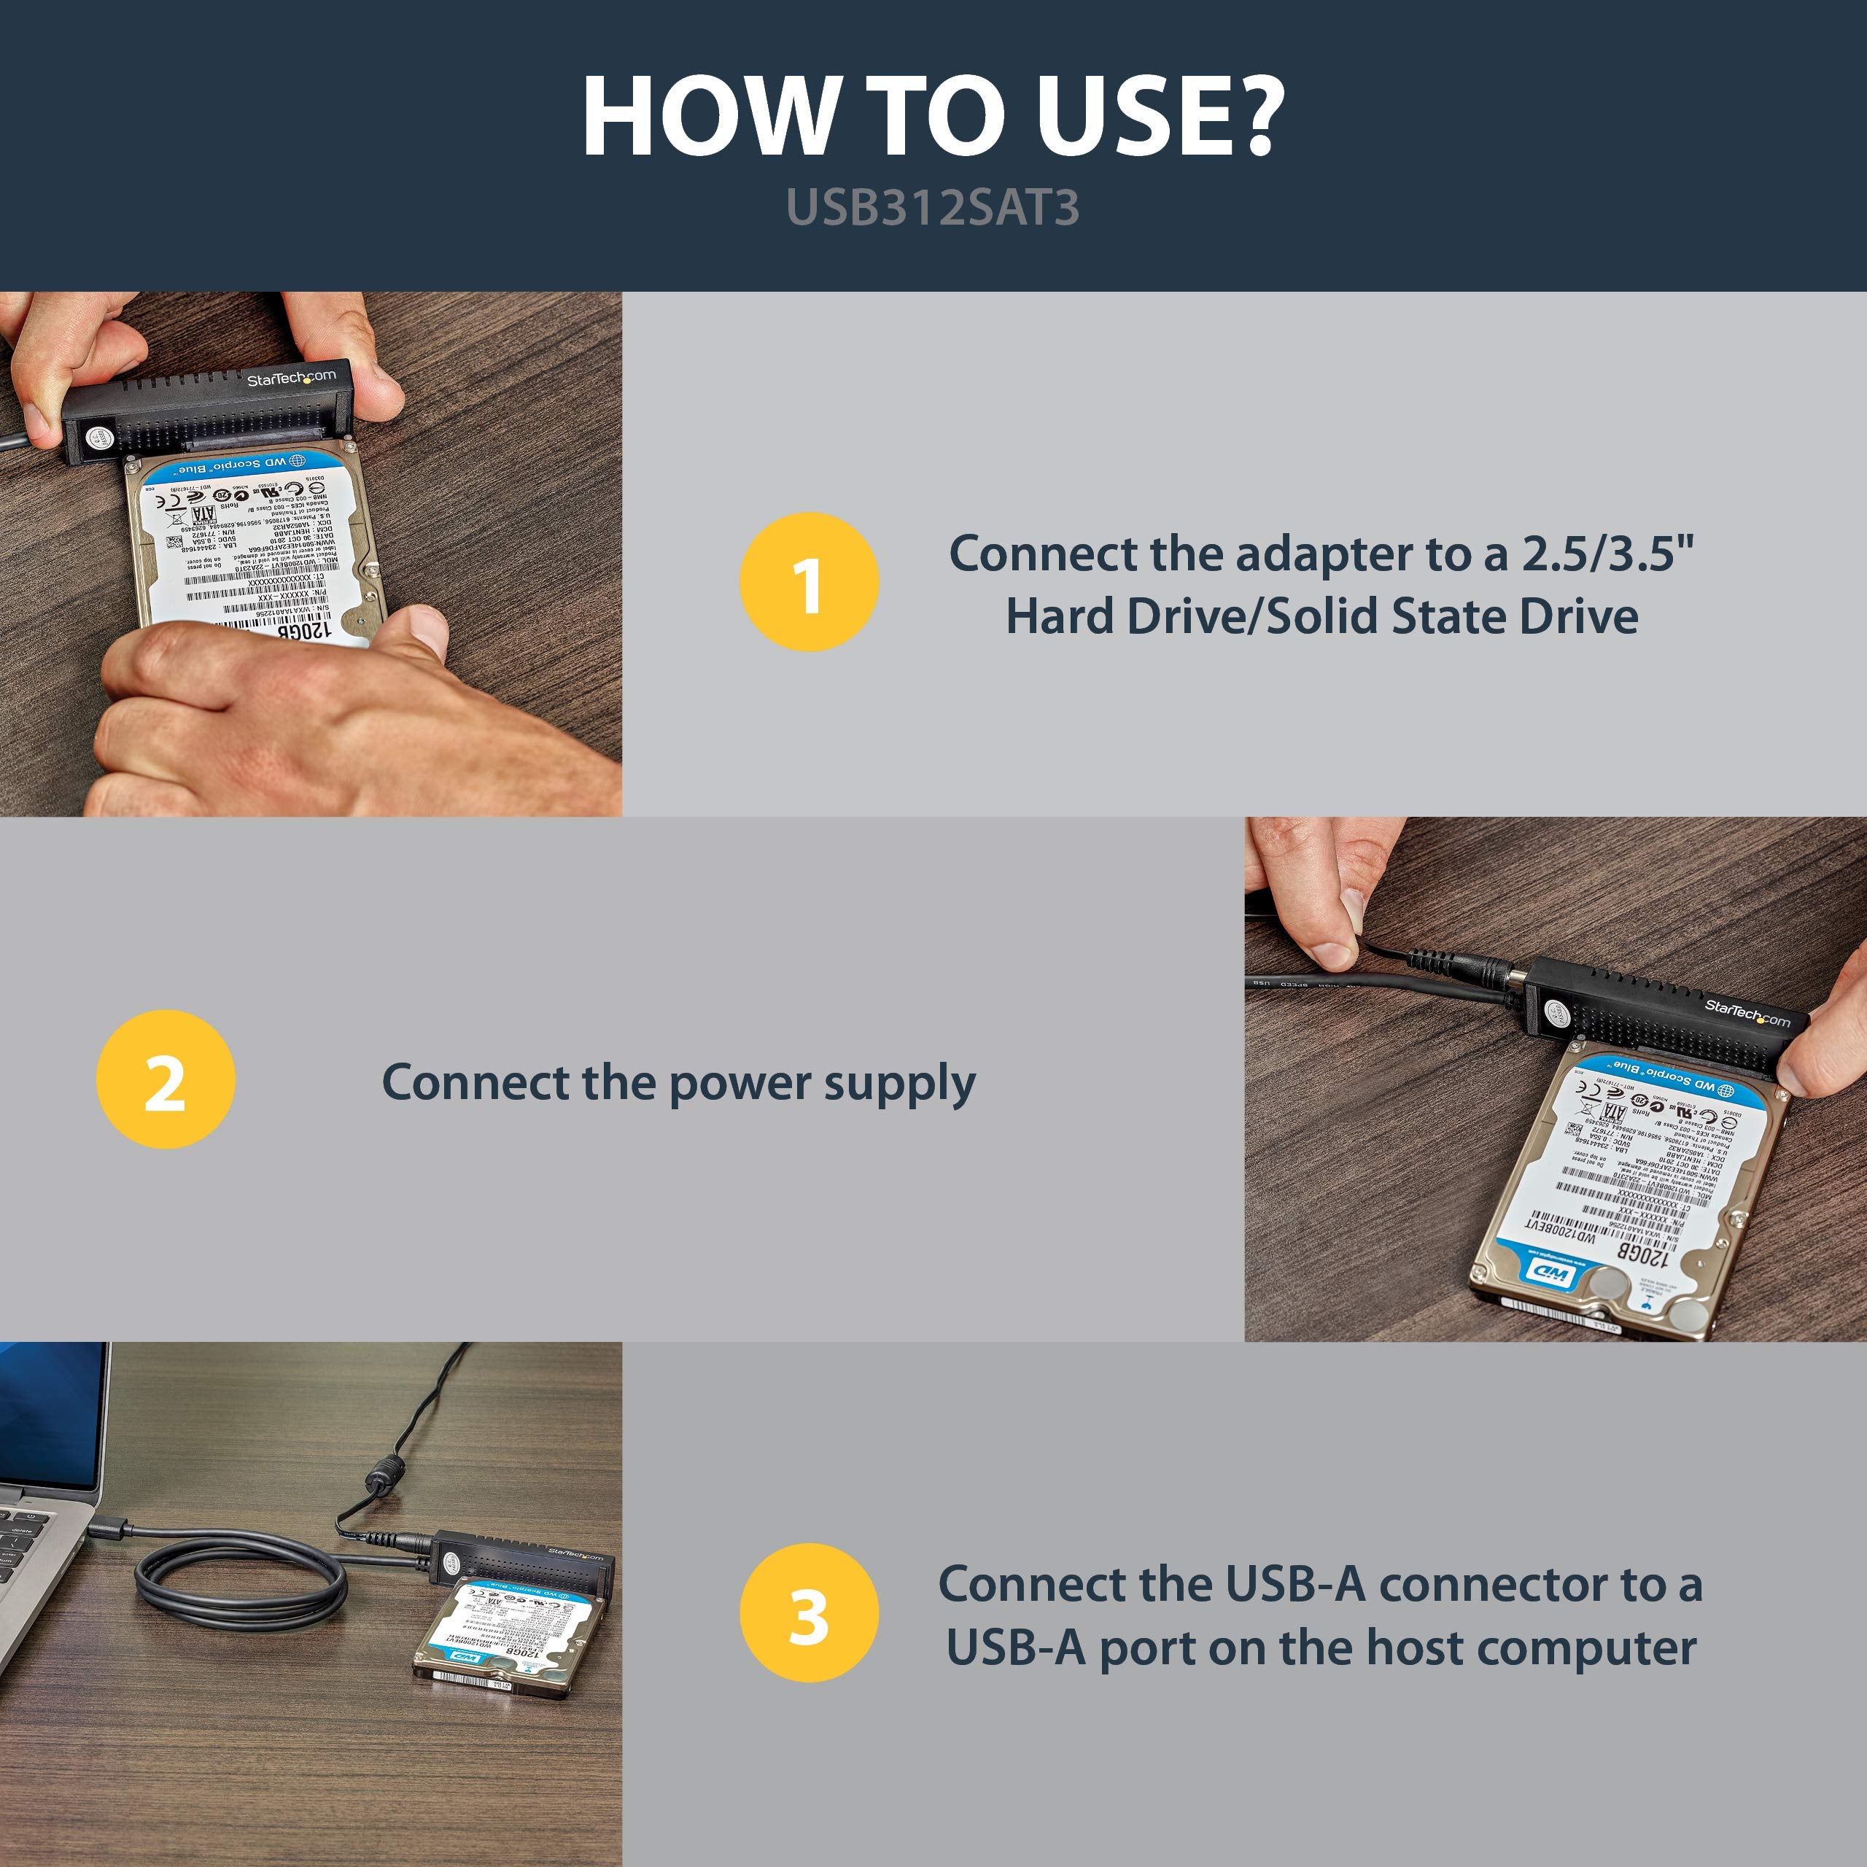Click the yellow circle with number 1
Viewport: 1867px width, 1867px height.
(x=809, y=582)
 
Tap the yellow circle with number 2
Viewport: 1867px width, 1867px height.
(x=166, y=1079)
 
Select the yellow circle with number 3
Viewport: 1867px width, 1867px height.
(x=809, y=1613)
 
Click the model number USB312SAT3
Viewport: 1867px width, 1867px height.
(x=933, y=207)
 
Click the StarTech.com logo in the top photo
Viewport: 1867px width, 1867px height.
(x=291, y=378)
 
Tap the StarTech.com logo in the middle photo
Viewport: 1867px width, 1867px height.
(x=1747, y=1014)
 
